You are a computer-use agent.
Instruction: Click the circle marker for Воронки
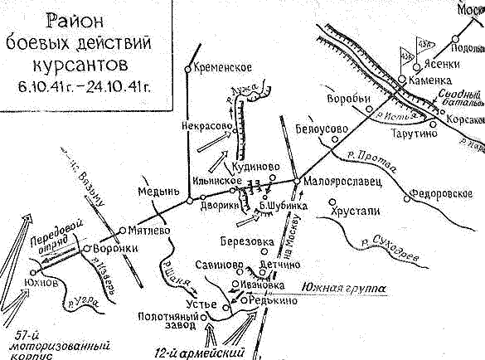coord(86,246)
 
